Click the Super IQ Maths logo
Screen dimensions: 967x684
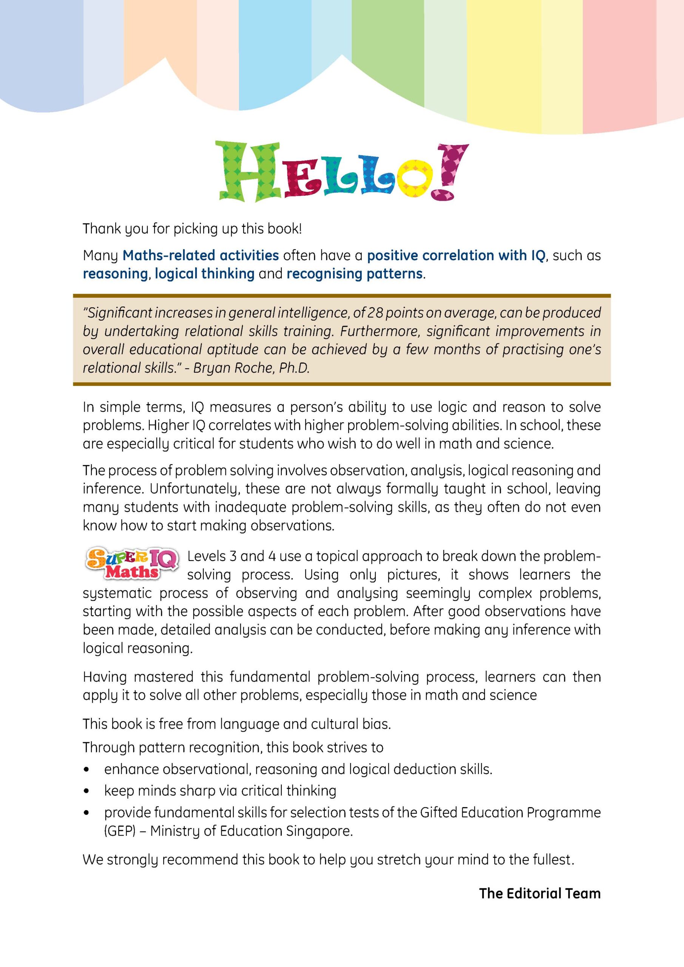point(131,564)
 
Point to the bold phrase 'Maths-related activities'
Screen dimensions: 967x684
point(201,255)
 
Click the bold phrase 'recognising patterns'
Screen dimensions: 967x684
point(354,274)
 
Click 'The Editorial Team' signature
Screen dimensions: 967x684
point(540,893)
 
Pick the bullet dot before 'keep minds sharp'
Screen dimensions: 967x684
point(86,791)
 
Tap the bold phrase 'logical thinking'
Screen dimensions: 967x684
point(204,274)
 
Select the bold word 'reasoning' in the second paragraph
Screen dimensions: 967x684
point(115,274)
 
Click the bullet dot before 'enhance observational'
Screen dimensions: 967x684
point(86,769)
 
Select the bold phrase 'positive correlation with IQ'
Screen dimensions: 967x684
point(457,255)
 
